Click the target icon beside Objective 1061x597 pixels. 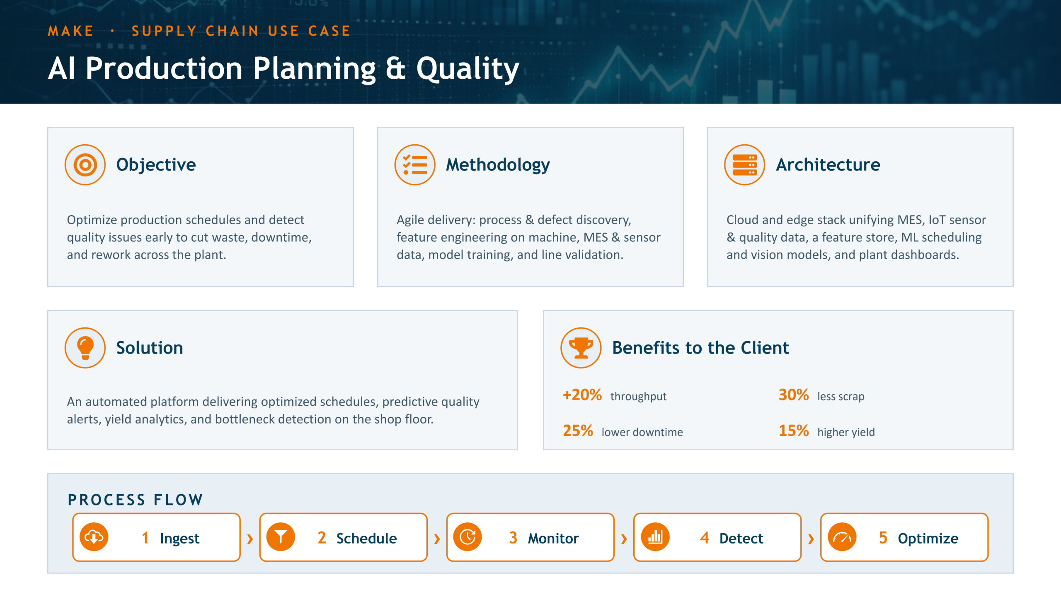pyautogui.click(x=85, y=165)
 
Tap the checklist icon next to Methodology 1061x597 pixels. pyautogui.click(x=415, y=165)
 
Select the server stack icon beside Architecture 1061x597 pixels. pyautogui.click(x=744, y=165)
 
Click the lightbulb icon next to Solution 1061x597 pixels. pyautogui.click(x=85, y=348)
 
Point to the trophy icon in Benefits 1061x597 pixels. pyautogui.click(x=581, y=348)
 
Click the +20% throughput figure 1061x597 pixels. pyautogui.click(x=582, y=395)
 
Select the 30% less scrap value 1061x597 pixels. pyautogui.click(x=794, y=395)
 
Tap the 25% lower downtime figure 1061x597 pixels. pyautogui.click(x=578, y=431)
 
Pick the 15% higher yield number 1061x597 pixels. pyautogui.click(x=794, y=431)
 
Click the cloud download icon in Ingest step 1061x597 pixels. pyautogui.click(x=94, y=537)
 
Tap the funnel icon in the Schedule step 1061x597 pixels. pyautogui.click(x=281, y=537)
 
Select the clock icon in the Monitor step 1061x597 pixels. pyautogui.click(x=468, y=537)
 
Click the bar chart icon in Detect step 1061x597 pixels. pyautogui.click(x=655, y=537)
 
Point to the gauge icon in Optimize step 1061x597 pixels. pyautogui.click(x=842, y=537)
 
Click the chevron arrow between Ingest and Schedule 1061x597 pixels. pyautogui.click(x=250, y=539)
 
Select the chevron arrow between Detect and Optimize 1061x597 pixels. pyautogui.click(x=811, y=539)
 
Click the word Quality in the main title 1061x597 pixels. pyautogui.click(x=468, y=69)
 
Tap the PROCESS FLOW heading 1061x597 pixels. pyautogui.click(x=136, y=500)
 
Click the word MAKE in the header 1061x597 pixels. pyautogui.click(x=71, y=31)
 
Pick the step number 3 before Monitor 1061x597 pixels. pyautogui.click(x=513, y=538)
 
